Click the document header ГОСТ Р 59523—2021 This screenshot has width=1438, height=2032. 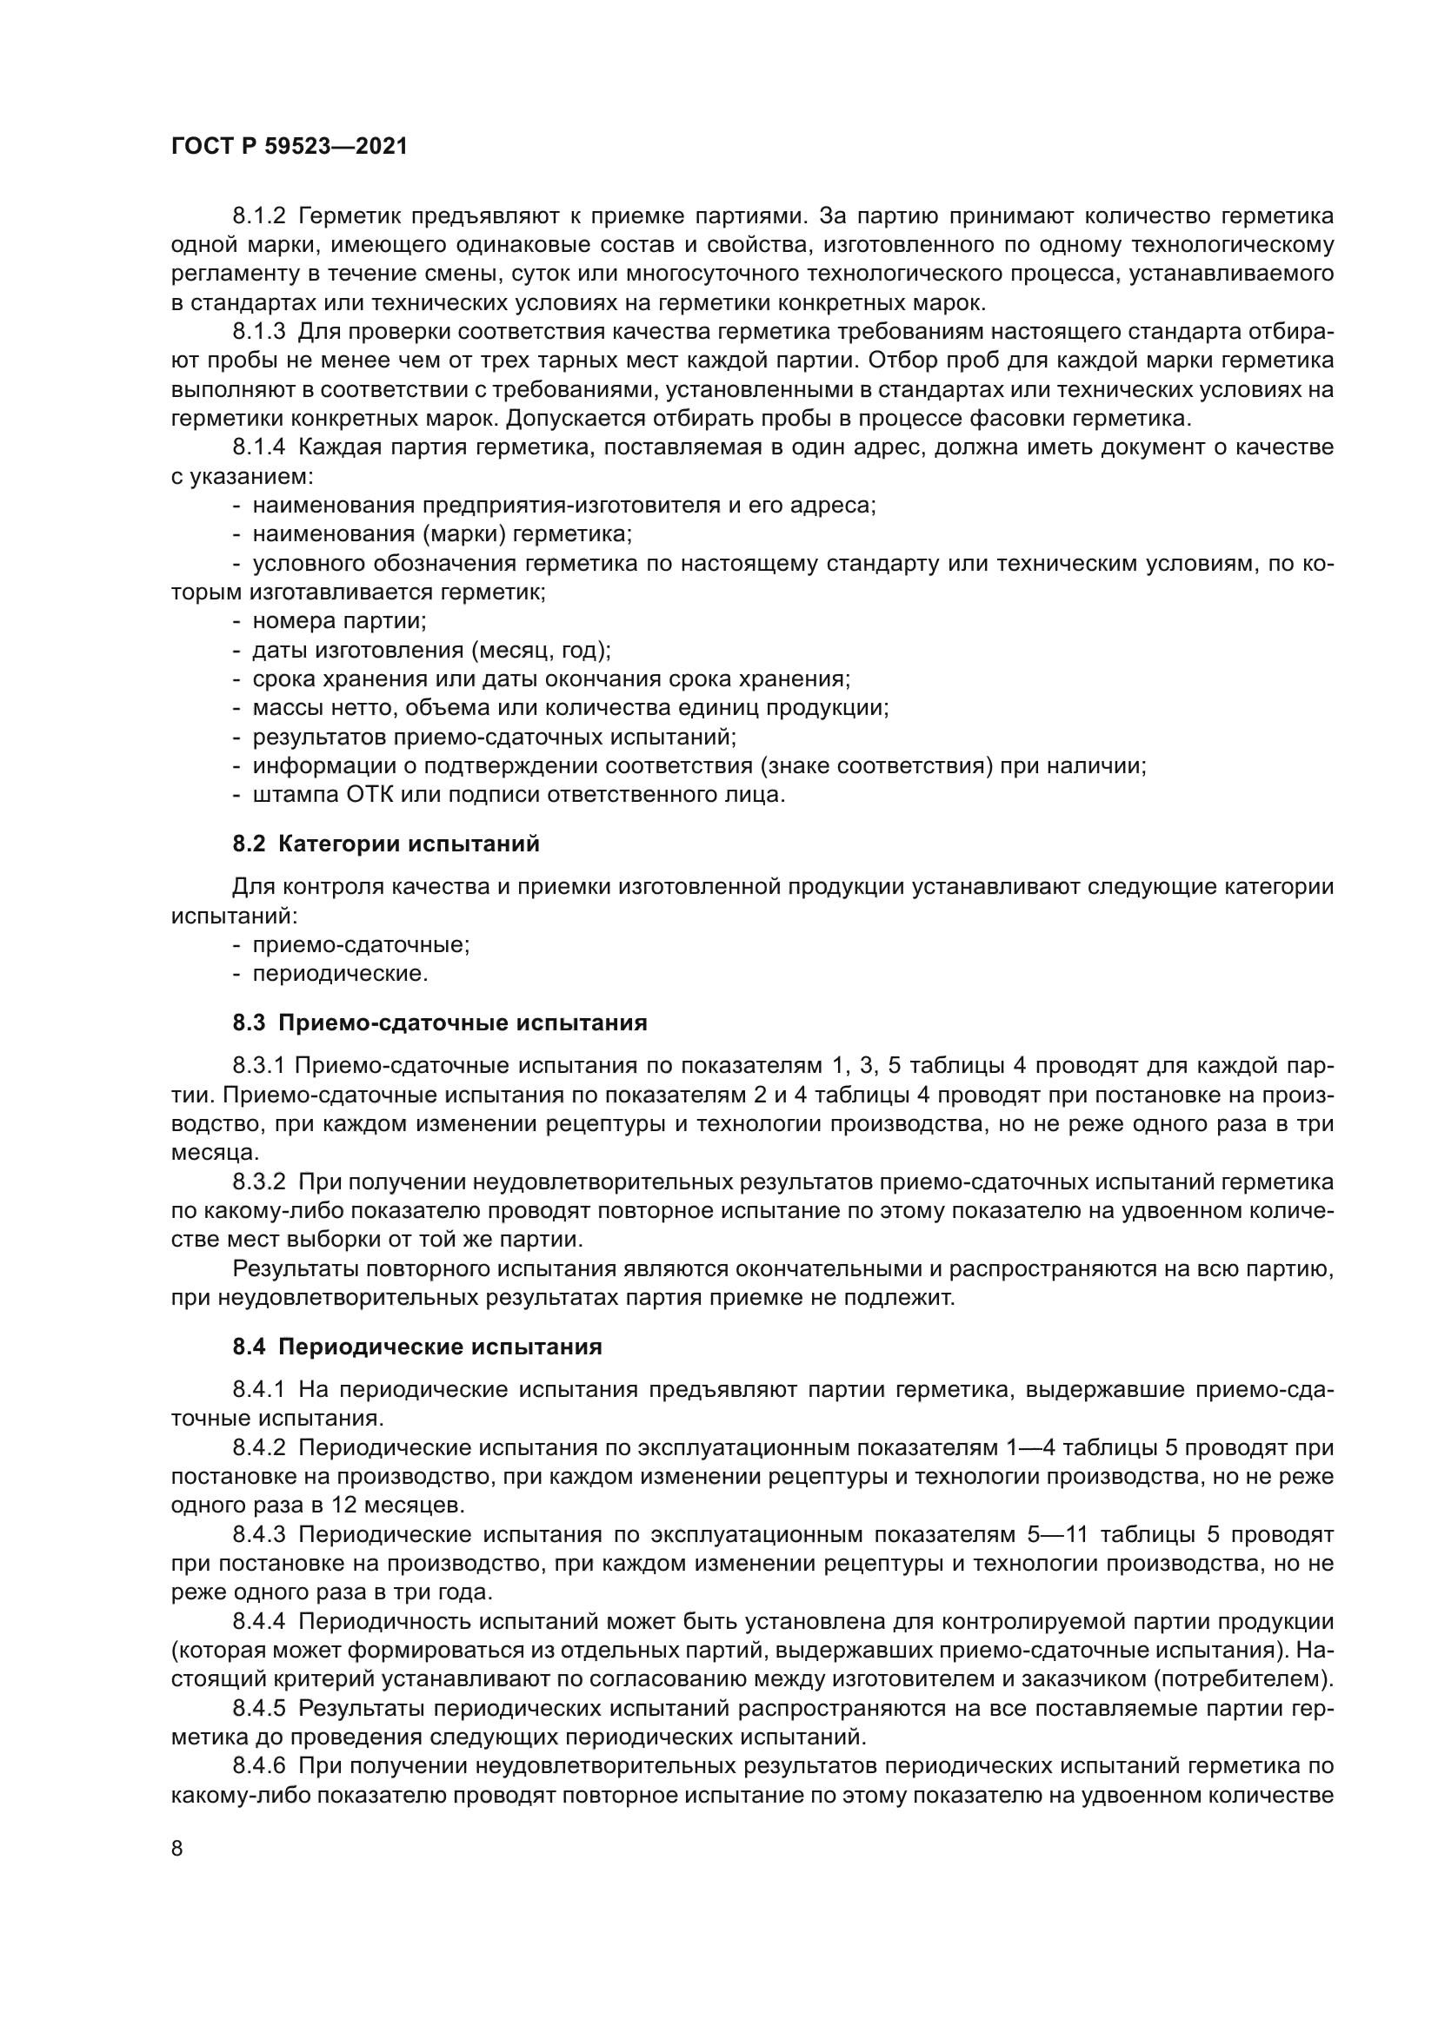click(289, 147)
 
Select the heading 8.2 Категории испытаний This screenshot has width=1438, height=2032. click(386, 844)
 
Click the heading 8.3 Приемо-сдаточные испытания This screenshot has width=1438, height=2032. click(440, 1023)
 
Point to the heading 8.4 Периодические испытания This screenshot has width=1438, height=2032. click(417, 1347)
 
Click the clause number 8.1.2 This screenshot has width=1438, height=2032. click(258, 216)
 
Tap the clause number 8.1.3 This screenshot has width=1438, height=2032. click(258, 332)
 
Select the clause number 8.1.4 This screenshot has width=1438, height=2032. click(258, 447)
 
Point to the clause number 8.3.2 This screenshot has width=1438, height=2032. click(258, 1182)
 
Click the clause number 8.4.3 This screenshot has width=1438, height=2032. click(258, 1534)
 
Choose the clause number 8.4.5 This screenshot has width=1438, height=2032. click(258, 1709)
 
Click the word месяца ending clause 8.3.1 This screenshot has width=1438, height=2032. click(213, 1153)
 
